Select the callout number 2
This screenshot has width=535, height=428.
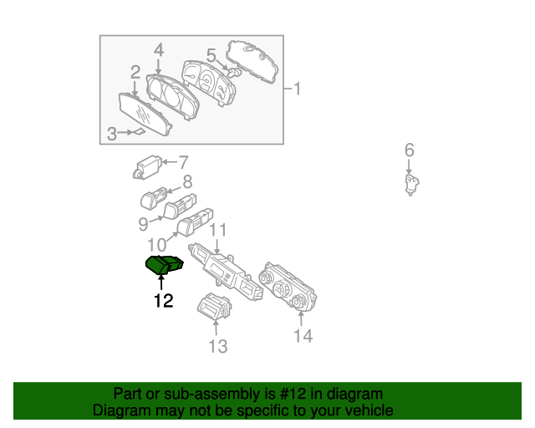click(135, 74)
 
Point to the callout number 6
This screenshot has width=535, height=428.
click(409, 150)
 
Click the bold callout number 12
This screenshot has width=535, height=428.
click(163, 301)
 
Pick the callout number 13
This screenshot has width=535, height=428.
click(217, 346)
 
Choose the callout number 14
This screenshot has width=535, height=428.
click(303, 336)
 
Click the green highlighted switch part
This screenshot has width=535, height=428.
click(165, 265)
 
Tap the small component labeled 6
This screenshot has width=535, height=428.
click(410, 185)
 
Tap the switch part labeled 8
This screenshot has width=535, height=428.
click(155, 200)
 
